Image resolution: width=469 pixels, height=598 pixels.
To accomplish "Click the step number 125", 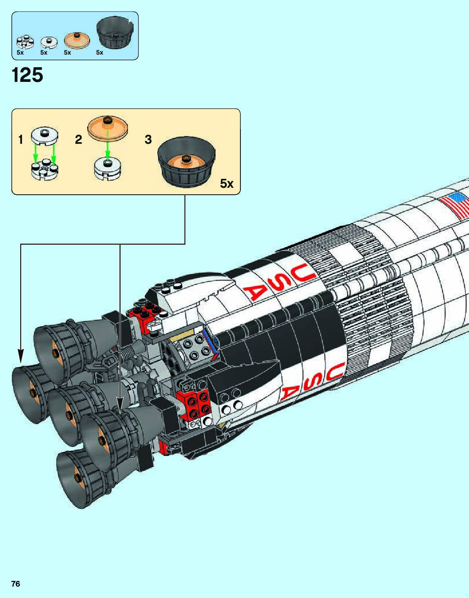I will coord(28,75).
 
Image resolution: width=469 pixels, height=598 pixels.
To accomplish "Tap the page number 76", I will coord(15,584).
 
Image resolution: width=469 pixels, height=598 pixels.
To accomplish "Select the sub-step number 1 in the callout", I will coord(21,140).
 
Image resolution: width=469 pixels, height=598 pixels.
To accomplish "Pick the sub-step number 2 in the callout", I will coord(78,140).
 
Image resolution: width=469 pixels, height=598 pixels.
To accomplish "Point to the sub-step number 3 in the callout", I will coord(148,140).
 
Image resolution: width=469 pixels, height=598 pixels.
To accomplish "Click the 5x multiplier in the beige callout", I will coord(227,184).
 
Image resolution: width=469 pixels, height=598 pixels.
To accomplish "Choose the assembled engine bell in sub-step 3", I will coord(186,163).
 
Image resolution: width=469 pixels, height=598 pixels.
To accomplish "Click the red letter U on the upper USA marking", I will coord(304,270).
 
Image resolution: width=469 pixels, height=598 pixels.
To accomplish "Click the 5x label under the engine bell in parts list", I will coord(99,53).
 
